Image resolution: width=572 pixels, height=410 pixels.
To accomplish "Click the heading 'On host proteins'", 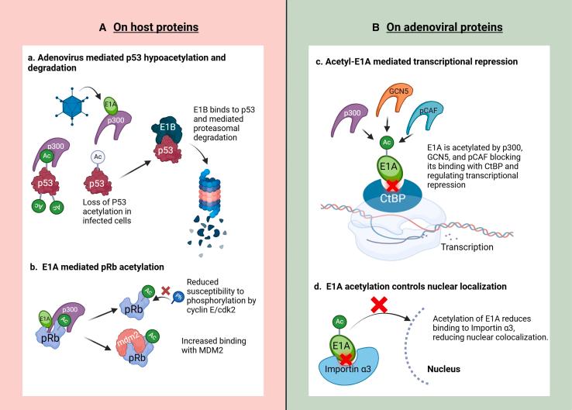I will [x=156, y=27].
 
